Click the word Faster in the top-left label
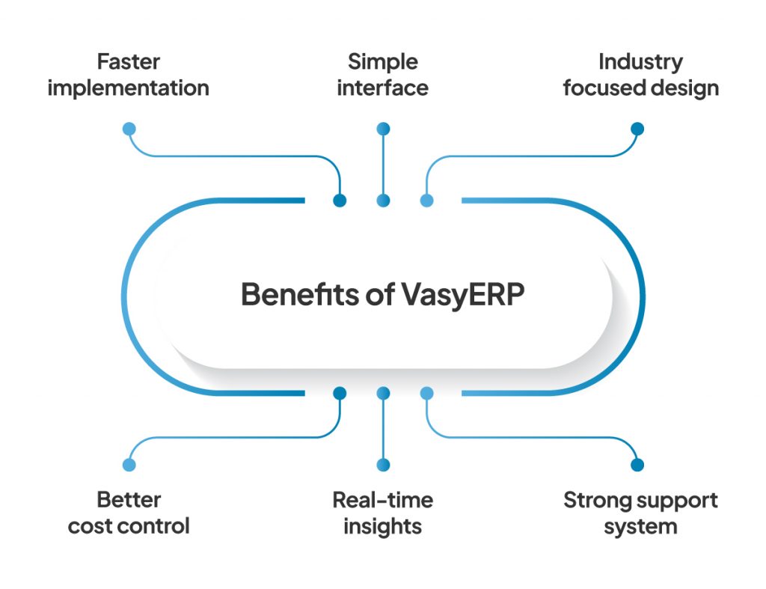(128, 61)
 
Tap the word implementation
(128, 88)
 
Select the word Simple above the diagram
(382, 61)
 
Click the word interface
(382, 88)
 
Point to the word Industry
(640, 61)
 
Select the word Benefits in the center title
(296, 295)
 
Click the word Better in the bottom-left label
(129, 499)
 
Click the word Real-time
(382, 499)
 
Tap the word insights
(382, 525)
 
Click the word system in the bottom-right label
(640, 525)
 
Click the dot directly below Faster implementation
(129, 129)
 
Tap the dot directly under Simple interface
(383, 129)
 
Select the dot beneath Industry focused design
(637, 129)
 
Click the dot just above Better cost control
(129, 465)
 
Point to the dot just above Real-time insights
(383, 465)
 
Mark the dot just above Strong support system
(637, 465)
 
